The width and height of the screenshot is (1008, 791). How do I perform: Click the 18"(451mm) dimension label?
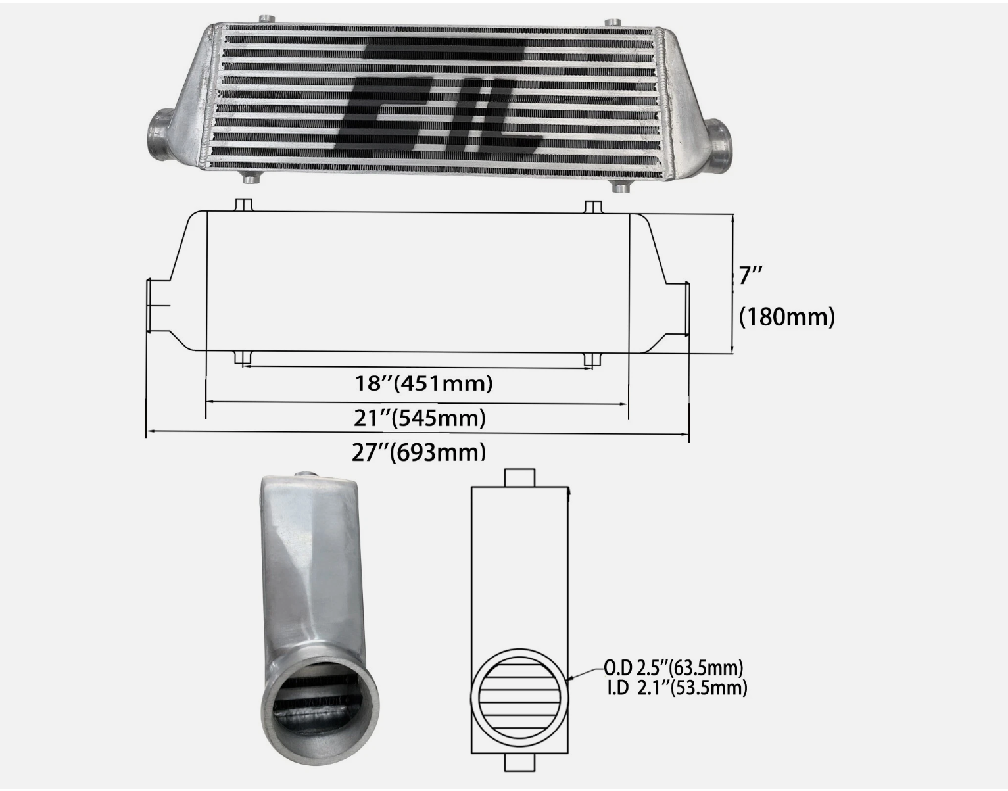point(424,383)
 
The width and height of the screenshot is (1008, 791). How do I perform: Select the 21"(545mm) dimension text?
point(420,417)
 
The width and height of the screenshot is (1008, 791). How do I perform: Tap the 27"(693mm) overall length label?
point(418,452)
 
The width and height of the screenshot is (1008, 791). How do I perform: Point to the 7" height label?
point(750,275)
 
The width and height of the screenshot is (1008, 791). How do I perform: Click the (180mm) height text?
point(786,317)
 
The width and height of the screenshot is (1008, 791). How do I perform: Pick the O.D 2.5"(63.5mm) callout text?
point(673,668)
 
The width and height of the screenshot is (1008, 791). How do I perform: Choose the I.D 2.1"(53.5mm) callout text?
point(677,688)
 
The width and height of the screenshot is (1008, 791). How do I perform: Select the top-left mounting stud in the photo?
point(266,19)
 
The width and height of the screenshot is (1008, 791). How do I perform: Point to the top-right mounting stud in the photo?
point(612,22)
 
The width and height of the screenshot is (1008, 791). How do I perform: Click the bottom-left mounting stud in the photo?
point(251,178)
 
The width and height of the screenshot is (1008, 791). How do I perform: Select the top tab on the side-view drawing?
point(519,477)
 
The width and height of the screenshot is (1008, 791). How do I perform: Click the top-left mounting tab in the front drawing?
point(244,204)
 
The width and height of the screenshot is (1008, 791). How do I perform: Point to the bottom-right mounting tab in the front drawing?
point(592,359)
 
